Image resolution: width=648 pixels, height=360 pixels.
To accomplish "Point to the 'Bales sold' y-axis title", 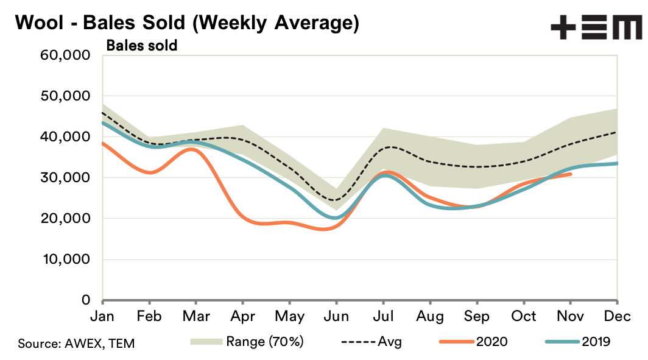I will (142, 46).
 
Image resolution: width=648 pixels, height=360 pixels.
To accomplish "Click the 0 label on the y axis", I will (86, 300).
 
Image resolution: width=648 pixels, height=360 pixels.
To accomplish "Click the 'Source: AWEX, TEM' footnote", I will (76, 344).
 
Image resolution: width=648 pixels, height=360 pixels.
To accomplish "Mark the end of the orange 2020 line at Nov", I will (571, 174).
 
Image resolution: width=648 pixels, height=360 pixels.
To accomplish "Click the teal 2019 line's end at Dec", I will (617, 163).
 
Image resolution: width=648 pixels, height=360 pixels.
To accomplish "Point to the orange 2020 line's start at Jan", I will (103, 143).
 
